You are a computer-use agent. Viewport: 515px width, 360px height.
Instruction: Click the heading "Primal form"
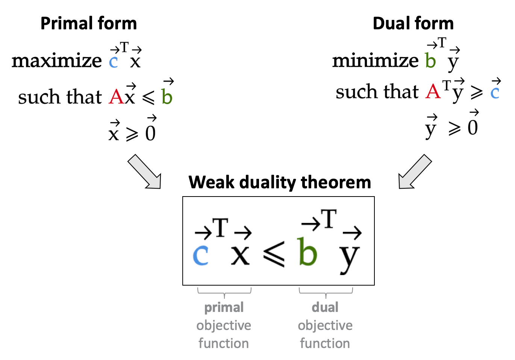tap(88, 23)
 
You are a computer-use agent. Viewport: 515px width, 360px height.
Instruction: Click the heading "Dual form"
tap(413, 23)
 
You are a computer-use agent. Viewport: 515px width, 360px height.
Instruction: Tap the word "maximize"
tap(56, 61)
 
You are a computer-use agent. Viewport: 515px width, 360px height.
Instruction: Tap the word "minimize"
tap(375, 60)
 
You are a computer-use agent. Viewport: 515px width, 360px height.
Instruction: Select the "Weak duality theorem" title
tap(280, 182)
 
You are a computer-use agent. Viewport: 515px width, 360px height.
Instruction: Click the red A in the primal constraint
tap(116, 97)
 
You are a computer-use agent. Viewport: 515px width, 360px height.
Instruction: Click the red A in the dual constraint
tap(433, 91)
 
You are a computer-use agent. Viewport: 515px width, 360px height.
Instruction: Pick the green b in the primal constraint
tap(167, 97)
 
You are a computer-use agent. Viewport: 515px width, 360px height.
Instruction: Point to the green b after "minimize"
tap(430, 60)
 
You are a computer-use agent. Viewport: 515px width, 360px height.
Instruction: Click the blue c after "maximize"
tap(114, 62)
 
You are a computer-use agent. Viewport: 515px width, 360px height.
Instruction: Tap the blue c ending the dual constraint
tap(495, 92)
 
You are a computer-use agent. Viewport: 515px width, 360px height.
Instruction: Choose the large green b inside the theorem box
tap(307, 252)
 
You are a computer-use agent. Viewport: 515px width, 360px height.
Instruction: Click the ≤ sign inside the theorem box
tap(274, 254)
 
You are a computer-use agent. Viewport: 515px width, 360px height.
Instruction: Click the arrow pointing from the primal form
tap(145, 171)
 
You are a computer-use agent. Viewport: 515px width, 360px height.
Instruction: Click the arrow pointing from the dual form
tap(415, 171)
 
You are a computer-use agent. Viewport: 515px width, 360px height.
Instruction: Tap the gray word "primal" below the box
tap(224, 307)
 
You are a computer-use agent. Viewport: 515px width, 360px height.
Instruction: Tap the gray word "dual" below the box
tap(325, 307)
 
